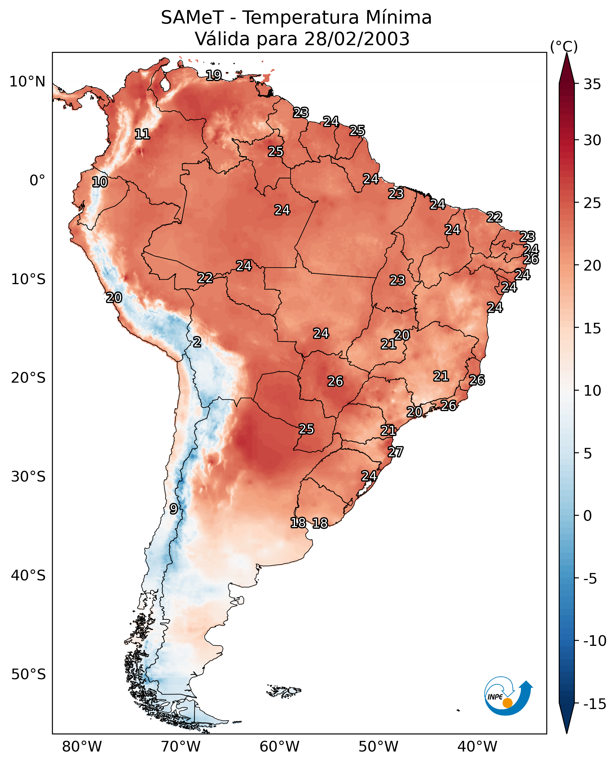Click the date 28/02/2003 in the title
[x=357, y=39]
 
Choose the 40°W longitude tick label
[x=477, y=746]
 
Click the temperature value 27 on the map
[x=395, y=452]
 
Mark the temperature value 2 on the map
[x=197, y=342]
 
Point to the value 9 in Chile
[x=173, y=509]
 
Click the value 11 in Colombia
[x=142, y=134]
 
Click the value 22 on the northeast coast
[x=494, y=217]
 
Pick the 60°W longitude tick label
[x=279, y=746]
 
